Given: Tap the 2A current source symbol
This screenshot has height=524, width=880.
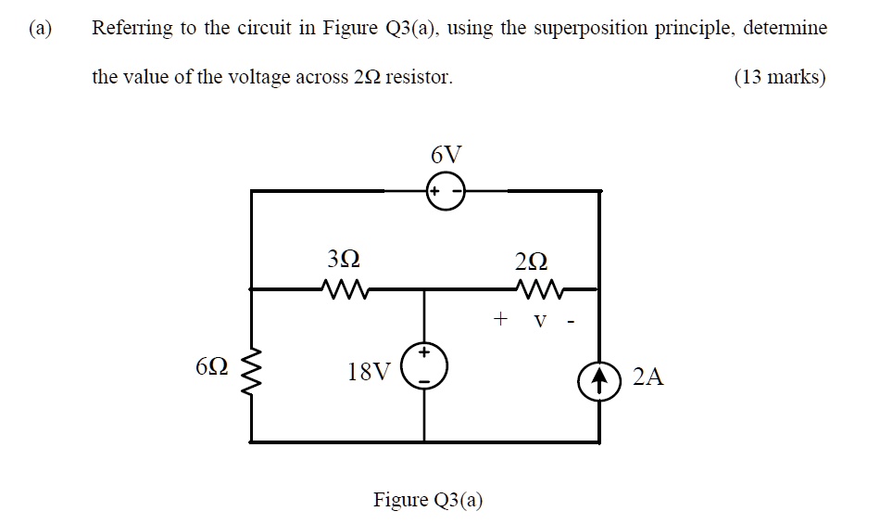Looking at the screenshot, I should (599, 378).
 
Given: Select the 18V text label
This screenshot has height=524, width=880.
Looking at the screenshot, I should (369, 373).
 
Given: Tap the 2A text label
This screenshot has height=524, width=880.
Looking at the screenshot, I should (647, 377).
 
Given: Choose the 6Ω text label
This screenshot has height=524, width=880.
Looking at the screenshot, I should (209, 368).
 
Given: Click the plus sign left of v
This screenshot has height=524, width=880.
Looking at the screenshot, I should (500, 320).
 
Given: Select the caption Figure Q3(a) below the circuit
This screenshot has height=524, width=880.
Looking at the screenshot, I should (428, 500).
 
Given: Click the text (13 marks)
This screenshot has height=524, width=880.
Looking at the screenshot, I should (779, 77).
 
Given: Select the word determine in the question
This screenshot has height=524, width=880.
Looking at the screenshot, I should (782, 28).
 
